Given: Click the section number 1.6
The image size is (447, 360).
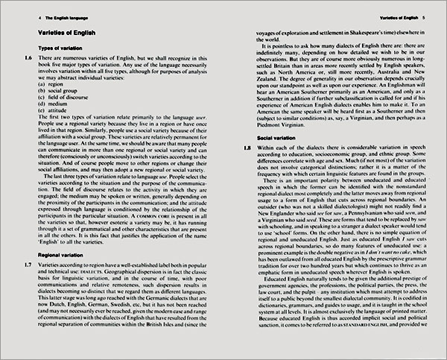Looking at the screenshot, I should click(28, 58).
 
